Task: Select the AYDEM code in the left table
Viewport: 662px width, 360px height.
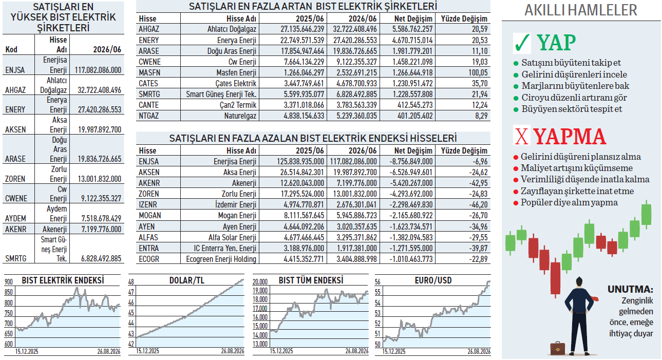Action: click(15, 218)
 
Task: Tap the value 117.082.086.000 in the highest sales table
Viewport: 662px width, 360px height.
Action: click(98, 70)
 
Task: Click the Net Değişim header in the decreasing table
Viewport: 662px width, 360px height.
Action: click(413, 151)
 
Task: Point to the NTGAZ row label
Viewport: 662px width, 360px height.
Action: click(148, 116)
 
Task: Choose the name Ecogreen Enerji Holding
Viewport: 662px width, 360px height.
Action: click(221, 259)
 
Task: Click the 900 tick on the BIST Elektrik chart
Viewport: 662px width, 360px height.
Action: click(9, 282)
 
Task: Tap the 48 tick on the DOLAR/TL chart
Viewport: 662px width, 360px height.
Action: click(131, 282)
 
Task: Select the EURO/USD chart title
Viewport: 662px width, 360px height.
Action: click(433, 280)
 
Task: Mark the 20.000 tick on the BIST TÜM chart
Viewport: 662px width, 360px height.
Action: click(260, 282)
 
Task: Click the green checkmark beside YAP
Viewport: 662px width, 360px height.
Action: click(522, 43)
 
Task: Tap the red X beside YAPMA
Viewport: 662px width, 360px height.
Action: click(522, 136)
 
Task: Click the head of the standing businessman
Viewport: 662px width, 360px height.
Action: click(579, 281)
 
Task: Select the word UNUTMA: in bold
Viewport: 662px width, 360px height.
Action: click(630, 289)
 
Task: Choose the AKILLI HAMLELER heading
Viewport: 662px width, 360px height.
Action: click(580, 10)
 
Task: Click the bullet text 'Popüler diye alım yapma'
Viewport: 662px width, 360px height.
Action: click(569, 202)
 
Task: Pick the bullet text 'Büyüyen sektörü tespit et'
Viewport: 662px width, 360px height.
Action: click(572, 109)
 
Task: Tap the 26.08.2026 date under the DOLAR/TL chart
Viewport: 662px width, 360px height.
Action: click(233, 351)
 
